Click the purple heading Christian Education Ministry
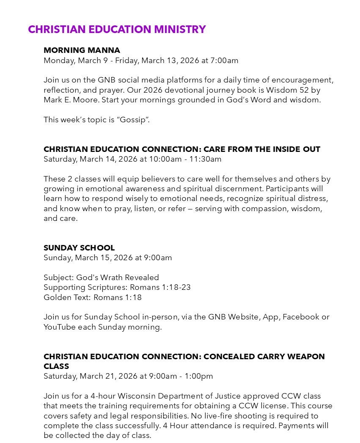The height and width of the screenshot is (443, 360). click(117, 29)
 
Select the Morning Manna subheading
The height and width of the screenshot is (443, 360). click(82, 50)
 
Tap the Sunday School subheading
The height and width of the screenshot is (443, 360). click(79, 248)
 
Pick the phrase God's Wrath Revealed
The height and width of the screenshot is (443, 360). click(118, 278)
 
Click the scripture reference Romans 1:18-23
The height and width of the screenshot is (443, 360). click(160, 287)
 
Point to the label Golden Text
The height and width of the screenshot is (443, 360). click(66, 297)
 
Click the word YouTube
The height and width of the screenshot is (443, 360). click(59, 327)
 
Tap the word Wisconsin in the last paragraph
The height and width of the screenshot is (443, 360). click(136, 396)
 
